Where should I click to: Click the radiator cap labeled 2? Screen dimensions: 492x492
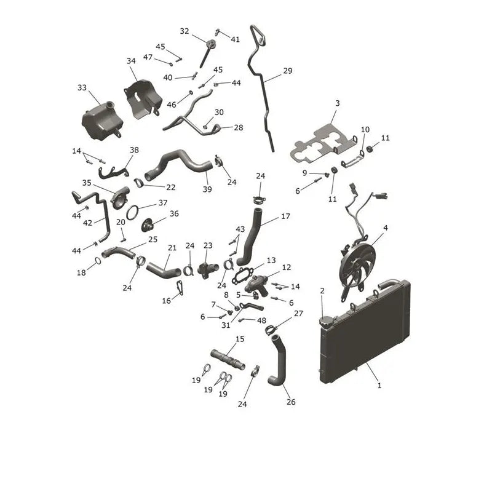[x=325, y=321]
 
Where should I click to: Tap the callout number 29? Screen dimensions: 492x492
[x=287, y=71]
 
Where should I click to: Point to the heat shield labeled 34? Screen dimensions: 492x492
[x=143, y=99]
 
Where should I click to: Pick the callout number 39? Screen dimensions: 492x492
[x=207, y=189]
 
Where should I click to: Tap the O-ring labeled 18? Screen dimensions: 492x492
[x=98, y=261]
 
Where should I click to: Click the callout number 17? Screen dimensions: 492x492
[x=285, y=216]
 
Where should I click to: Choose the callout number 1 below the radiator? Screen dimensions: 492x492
[x=379, y=386]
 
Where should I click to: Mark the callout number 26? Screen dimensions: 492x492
[x=291, y=402]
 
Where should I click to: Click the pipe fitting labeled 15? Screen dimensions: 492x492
[x=228, y=360]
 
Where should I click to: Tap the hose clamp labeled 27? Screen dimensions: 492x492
[x=271, y=330]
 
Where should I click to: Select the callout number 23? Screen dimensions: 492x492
[x=208, y=245]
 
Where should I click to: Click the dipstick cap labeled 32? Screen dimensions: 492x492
[x=211, y=42]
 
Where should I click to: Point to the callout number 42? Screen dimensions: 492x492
[x=87, y=223]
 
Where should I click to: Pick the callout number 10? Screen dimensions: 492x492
[x=365, y=129]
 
